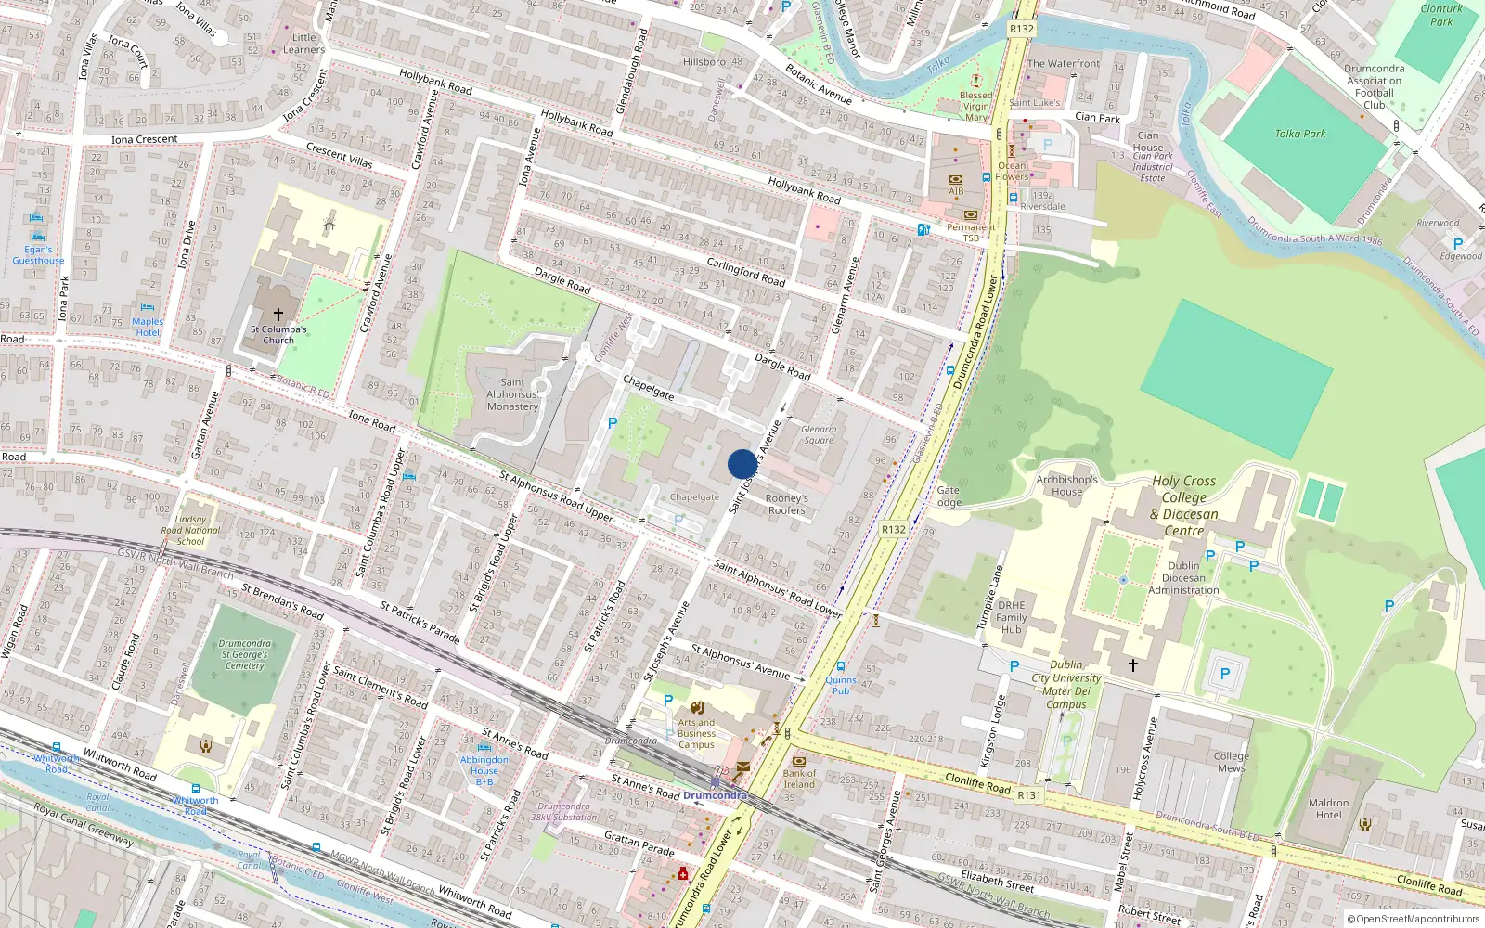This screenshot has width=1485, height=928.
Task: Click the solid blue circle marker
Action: pyautogui.click(x=742, y=464)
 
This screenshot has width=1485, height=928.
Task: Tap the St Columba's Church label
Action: pyautogui.click(x=278, y=334)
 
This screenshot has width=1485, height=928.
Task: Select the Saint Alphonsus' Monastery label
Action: pyautogui.click(x=512, y=394)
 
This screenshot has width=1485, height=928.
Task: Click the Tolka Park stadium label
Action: pyautogui.click(x=1299, y=134)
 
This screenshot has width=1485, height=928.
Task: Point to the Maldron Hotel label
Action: pyautogui.click(x=1328, y=809)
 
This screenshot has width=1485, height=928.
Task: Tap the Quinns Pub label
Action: pyautogui.click(x=840, y=685)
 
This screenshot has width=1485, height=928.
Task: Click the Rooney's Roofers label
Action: pyautogui.click(x=786, y=504)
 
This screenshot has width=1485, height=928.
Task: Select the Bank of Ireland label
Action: pyautogui.click(x=799, y=779)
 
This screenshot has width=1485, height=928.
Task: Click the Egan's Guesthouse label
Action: pyautogui.click(x=38, y=255)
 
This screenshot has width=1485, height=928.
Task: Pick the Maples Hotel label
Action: pyautogui.click(x=148, y=327)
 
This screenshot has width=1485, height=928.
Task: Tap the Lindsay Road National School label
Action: pyautogui.click(x=190, y=531)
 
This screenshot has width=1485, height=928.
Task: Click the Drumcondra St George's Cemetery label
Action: pyautogui.click(x=245, y=654)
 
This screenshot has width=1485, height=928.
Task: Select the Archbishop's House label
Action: pyautogui.click(x=1066, y=485)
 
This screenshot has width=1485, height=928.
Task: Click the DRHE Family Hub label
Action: pyautogui.click(x=1011, y=617)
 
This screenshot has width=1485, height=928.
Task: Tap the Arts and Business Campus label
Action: pyautogui.click(x=696, y=733)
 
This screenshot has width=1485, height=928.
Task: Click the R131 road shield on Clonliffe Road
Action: pyautogui.click(x=1028, y=795)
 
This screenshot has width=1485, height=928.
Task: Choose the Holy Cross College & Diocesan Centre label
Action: pyautogui.click(x=1184, y=506)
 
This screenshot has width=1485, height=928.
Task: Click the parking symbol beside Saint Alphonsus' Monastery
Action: pyautogui.click(x=612, y=423)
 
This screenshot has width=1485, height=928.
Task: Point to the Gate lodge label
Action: pyautogui.click(x=948, y=496)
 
